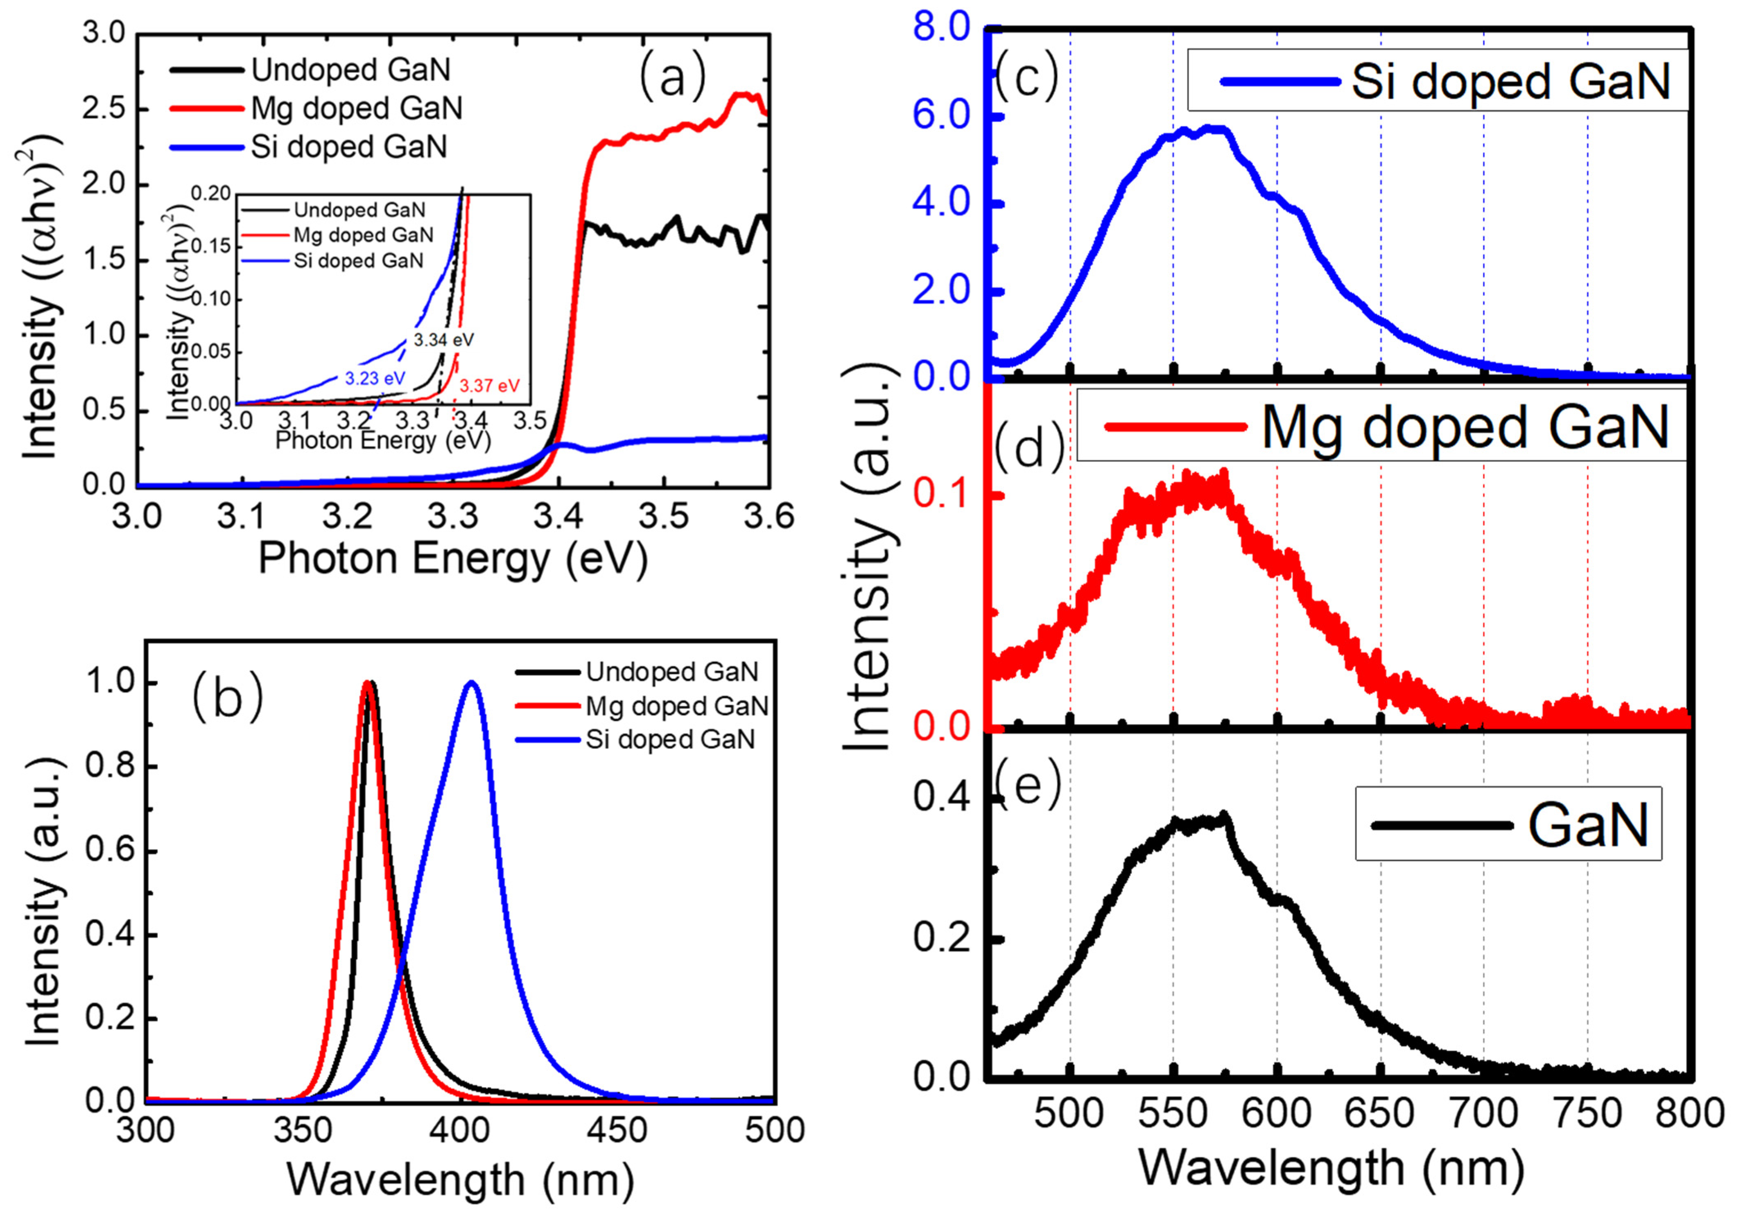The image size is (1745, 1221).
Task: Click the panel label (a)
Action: click(x=672, y=77)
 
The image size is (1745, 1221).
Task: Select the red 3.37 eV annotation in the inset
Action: click(x=489, y=386)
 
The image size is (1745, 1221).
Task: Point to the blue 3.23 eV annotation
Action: click(x=375, y=378)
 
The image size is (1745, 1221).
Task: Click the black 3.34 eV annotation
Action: click(x=444, y=340)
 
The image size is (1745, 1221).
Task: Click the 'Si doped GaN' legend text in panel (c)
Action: click(x=1511, y=81)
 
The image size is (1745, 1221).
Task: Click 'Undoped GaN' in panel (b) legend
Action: click(x=672, y=672)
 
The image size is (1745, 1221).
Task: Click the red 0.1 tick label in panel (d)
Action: click(x=943, y=494)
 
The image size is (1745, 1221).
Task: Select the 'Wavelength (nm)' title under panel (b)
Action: click(x=460, y=1180)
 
